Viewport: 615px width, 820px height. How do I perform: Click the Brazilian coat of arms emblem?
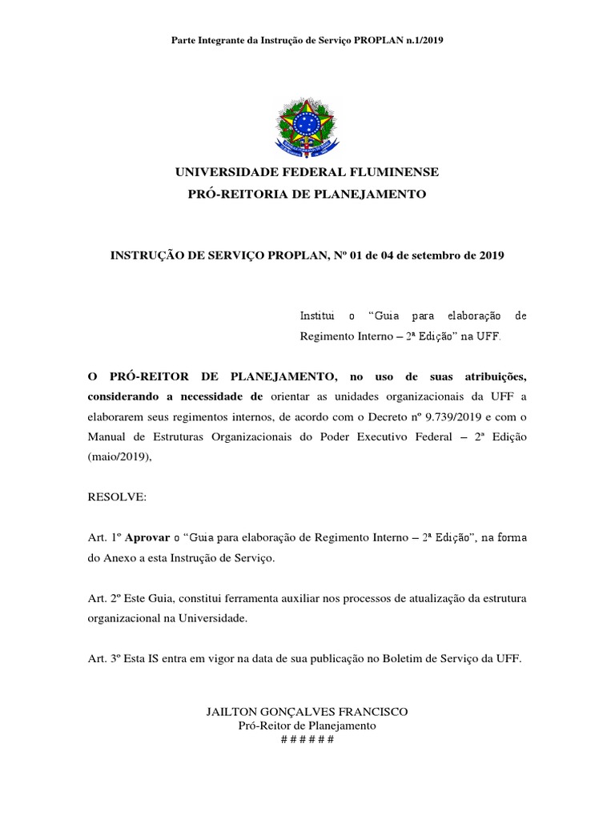coord(307,126)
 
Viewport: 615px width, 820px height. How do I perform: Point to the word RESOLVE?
coord(116,497)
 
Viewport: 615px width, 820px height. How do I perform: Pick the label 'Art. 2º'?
coord(103,598)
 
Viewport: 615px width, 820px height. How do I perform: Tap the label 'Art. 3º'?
coord(103,659)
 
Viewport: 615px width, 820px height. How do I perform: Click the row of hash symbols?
coord(307,738)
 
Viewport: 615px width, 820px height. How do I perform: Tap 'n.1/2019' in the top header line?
coord(422,40)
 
